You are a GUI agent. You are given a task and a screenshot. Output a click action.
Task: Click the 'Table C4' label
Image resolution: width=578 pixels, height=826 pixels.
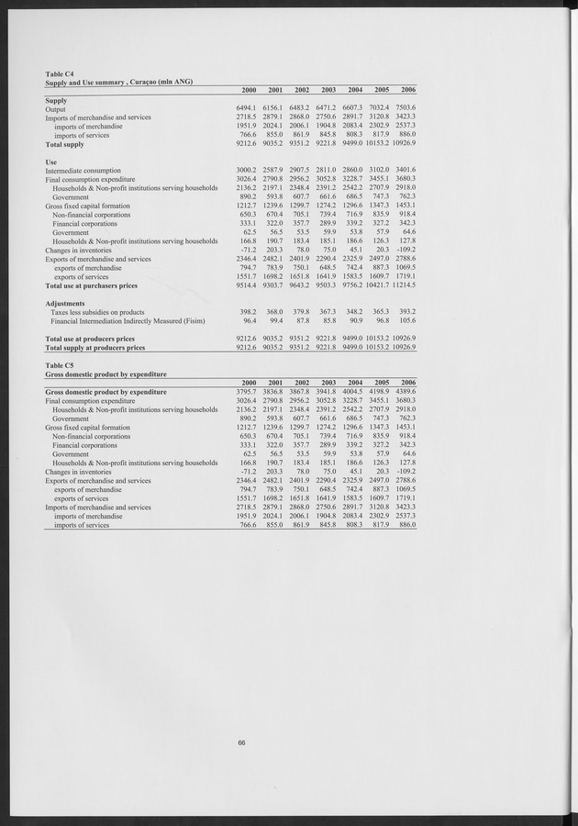click(61, 73)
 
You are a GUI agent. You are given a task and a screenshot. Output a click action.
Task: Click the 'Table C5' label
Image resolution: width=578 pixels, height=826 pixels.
click(61, 365)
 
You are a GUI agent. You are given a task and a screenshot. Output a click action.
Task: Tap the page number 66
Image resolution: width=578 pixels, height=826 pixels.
click(241, 742)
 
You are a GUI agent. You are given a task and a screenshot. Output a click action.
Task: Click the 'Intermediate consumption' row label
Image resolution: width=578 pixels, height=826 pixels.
click(83, 171)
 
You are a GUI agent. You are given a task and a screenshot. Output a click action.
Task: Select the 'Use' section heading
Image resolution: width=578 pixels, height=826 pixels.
click(51, 162)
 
